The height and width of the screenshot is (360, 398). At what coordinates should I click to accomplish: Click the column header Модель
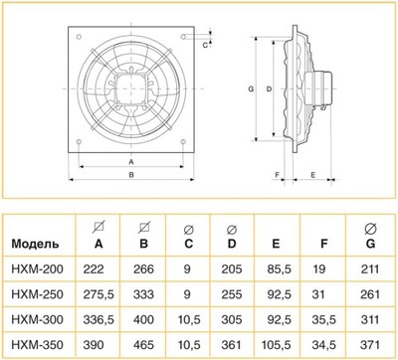pos(37,243)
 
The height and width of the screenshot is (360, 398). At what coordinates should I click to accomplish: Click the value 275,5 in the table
pos(99,293)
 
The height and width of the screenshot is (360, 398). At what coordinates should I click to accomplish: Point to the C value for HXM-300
pos(189,317)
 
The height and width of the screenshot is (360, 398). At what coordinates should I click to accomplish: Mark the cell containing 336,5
pos(99,317)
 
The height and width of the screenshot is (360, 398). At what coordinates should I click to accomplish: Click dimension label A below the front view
pos(131,160)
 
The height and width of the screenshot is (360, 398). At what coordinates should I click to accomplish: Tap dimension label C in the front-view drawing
pos(204,44)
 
